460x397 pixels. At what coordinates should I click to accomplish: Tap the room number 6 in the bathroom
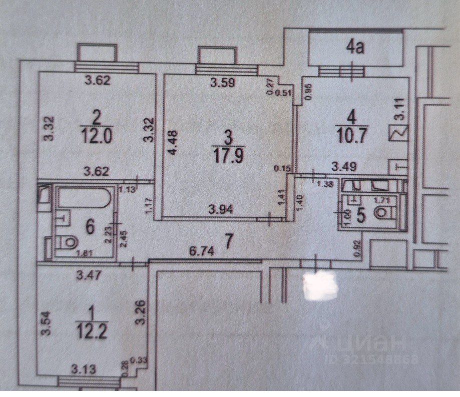coord(91,226)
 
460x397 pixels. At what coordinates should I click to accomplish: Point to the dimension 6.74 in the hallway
coord(203,253)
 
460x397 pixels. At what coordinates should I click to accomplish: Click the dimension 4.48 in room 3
coord(172,143)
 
